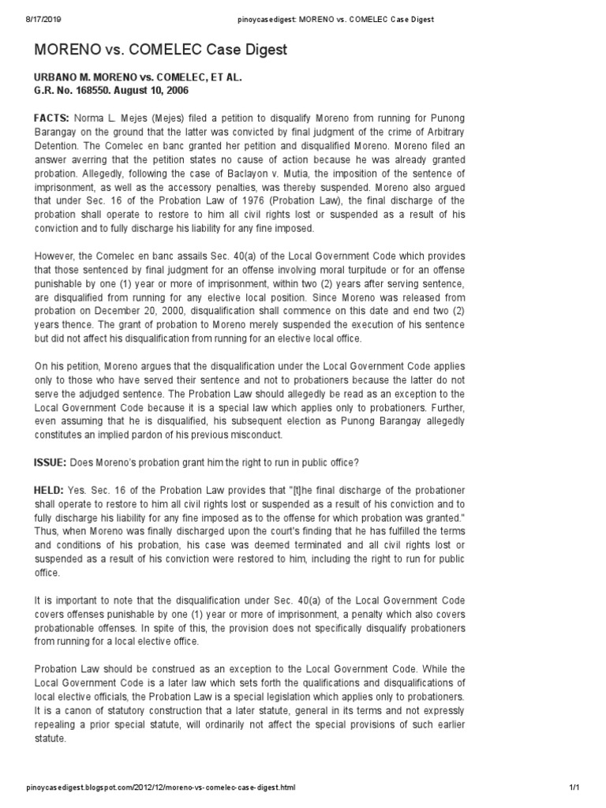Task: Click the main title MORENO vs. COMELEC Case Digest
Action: (160, 50)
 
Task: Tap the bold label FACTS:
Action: (52, 118)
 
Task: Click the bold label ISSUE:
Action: (50, 462)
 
